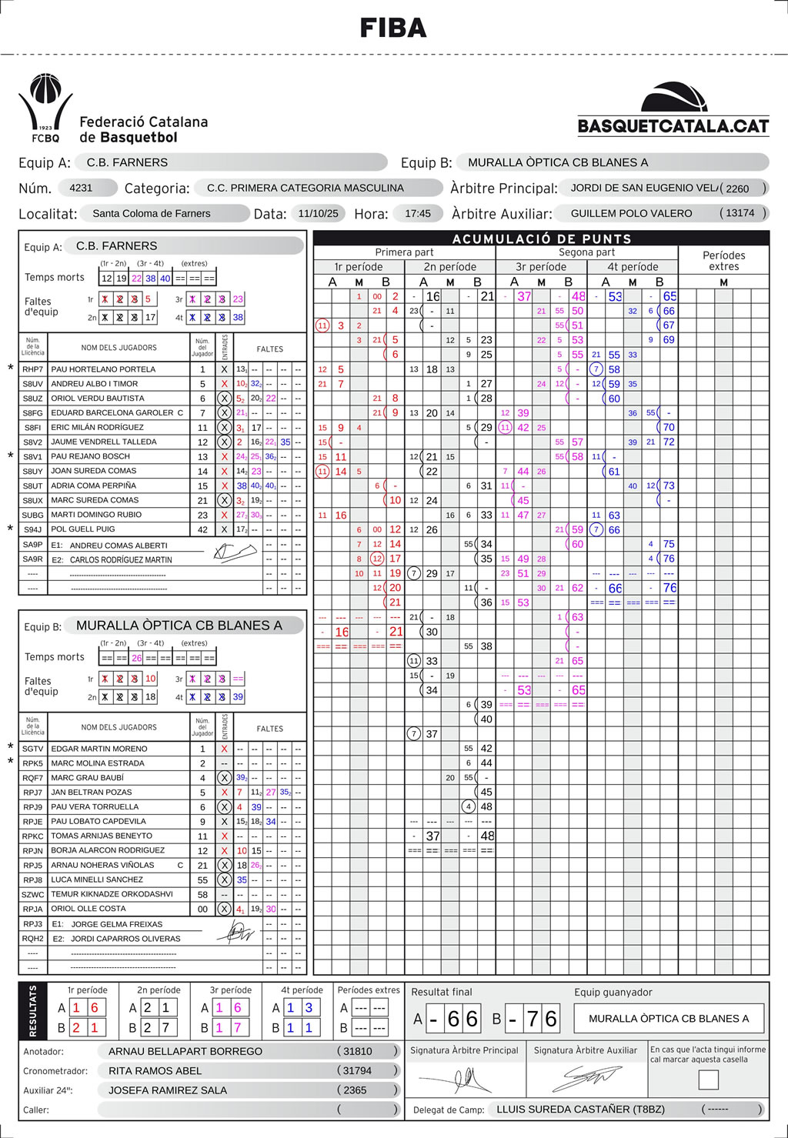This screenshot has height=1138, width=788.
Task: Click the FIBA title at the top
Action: point(393,28)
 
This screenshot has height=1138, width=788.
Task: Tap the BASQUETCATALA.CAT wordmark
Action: point(673,126)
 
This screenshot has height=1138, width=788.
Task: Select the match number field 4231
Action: point(81,188)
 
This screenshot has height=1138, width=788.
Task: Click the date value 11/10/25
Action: point(318,213)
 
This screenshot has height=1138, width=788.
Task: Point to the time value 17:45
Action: point(418,213)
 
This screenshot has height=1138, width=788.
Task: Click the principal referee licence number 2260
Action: point(737,189)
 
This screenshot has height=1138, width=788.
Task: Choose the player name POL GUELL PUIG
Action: point(83,529)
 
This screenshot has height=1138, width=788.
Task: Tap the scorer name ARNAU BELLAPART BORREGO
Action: point(185,1051)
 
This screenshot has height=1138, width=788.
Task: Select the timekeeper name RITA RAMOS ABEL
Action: point(155,1070)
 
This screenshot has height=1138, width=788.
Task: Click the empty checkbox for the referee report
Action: point(708,1080)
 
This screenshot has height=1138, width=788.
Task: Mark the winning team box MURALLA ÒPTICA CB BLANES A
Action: point(669,1018)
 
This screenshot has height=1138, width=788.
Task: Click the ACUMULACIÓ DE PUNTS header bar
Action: point(541,239)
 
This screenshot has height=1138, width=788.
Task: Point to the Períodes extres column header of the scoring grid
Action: point(723,261)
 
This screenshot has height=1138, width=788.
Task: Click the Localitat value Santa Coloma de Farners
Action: point(152,213)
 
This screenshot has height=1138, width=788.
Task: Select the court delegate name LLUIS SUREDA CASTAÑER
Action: point(580,1109)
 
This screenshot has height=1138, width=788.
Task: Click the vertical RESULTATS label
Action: point(32,1011)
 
